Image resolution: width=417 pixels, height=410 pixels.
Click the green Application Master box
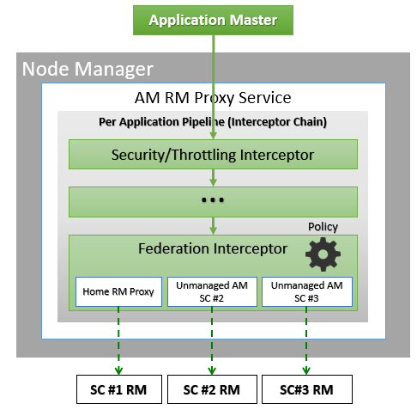pos(212,20)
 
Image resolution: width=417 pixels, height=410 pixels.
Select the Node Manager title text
pos(88,69)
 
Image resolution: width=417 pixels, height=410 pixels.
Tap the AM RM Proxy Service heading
pos(213,98)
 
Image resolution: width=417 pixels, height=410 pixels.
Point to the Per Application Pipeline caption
pos(212,121)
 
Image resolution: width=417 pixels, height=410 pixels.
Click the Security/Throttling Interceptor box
pos(213,155)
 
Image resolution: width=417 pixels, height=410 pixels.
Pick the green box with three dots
pos(213,201)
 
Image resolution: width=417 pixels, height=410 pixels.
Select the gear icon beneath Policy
pos(323,254)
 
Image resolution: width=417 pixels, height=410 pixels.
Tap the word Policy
pos(323,227)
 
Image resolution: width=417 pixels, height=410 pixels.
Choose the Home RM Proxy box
pos(118,291)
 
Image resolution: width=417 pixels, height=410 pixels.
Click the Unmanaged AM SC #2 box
pos(212,291)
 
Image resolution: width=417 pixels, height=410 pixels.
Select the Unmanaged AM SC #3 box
pos(306,291)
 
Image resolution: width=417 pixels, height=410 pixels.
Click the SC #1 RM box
pos(118,389)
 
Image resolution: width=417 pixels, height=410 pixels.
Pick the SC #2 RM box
pos(212,389)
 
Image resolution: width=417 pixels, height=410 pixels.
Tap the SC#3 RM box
pos(306,389)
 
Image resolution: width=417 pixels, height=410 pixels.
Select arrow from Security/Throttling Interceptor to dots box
pos(213,177)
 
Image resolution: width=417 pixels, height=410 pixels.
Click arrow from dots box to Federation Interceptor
pos(213,225)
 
